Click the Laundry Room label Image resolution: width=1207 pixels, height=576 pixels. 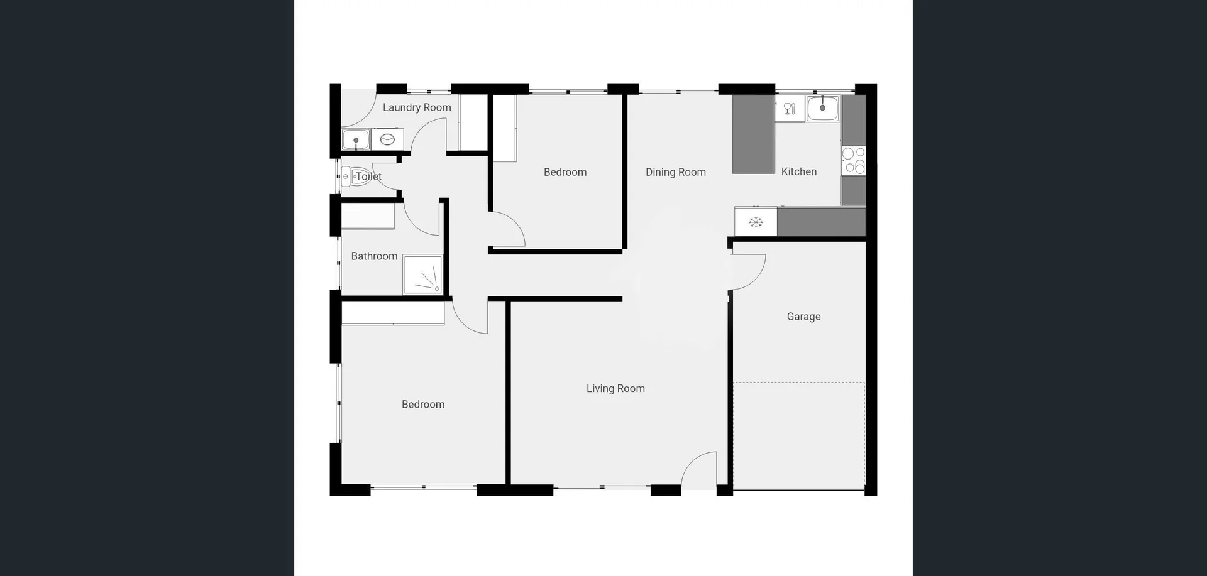417,107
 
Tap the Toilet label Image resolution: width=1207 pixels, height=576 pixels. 369,177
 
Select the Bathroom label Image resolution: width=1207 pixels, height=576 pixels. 374,256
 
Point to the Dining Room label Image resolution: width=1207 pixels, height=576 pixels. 676,172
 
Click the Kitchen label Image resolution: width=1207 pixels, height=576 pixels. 799,171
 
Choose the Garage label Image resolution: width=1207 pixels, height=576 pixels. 803,317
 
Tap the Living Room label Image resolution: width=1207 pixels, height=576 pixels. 615,388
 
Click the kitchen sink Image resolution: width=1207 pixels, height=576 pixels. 822,109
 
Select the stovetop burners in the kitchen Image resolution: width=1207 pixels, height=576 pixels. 853,160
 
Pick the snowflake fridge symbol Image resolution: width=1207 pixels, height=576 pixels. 756,222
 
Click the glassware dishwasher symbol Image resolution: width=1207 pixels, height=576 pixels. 790,109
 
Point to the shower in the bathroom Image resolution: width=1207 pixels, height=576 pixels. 422,274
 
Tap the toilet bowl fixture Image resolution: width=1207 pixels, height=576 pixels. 357,177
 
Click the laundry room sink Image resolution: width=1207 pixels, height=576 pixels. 355,139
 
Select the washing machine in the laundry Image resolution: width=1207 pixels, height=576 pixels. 387,139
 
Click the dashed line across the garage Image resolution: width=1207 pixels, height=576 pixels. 798,382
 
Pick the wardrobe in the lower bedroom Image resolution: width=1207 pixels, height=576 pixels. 393,313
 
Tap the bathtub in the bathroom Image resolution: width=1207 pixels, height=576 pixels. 368,215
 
